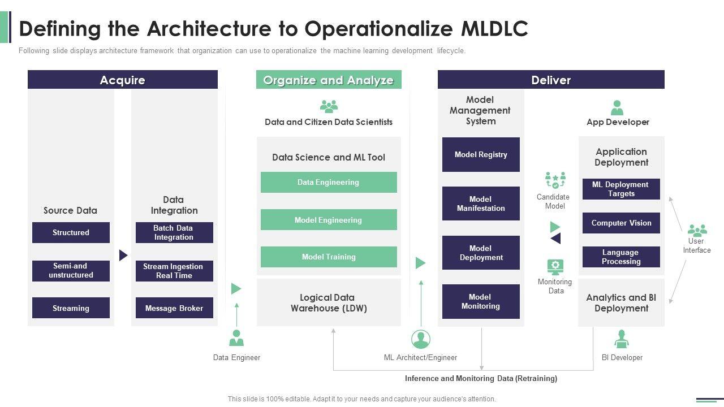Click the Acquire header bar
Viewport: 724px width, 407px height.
[122, 80]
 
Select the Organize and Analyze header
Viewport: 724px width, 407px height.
[329, 80]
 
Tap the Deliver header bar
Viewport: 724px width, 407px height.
[551, 80]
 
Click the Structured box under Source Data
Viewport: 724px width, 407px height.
[71, 232]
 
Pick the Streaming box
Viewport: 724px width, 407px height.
[71, 308]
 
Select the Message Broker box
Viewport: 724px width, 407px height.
[174, 308]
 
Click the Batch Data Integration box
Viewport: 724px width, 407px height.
[174, 232]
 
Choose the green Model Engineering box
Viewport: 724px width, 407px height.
[329, 220]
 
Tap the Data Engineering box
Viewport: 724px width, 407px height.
[329, 182]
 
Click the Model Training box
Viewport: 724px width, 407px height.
[329, 257]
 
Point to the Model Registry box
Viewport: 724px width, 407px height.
[481, 154]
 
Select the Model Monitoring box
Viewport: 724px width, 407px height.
[481, 301]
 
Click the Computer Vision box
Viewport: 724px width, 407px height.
[621, 223]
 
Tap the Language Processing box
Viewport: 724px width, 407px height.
[621, 257]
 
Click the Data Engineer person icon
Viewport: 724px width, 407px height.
[236, 337]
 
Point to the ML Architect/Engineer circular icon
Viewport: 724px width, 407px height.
[420, 339]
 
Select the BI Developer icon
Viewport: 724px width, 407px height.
[622, 339]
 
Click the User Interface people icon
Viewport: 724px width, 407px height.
[697, 230]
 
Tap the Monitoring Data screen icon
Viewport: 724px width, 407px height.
[555, 266]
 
